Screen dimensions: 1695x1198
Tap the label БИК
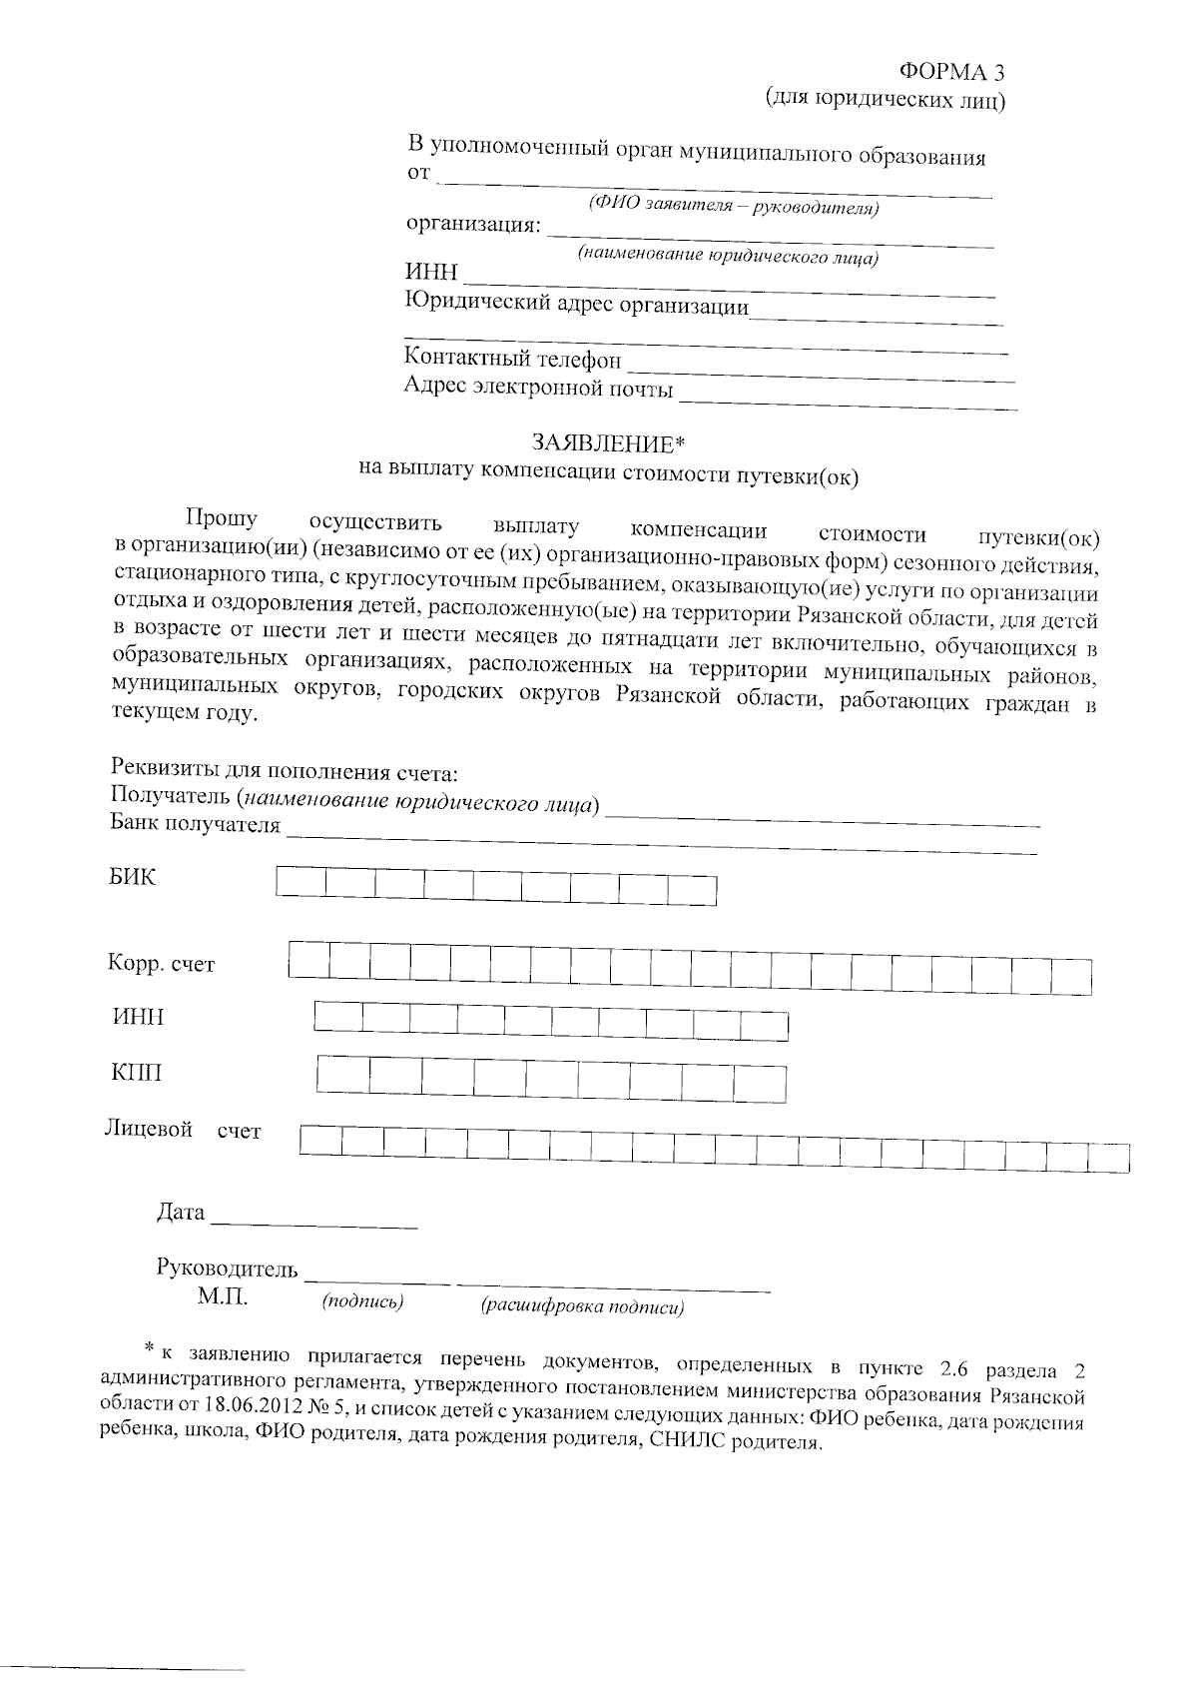point(133,878)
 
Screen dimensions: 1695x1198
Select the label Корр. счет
point(162,965)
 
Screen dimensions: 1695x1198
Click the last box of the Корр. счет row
point(1071,976)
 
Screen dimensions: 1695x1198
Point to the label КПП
point(137,1074)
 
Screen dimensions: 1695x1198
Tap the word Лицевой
point(149,1130)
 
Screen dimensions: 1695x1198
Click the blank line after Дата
point(314,1219)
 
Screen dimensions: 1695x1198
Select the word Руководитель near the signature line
point(228,1270)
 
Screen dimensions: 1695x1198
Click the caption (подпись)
point(362,1301)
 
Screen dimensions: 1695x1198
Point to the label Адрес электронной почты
point(538,388)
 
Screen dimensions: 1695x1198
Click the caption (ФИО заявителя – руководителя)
point(734,207)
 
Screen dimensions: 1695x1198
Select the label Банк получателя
point(196,825)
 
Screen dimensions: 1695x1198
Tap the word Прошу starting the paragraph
point(222,518)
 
